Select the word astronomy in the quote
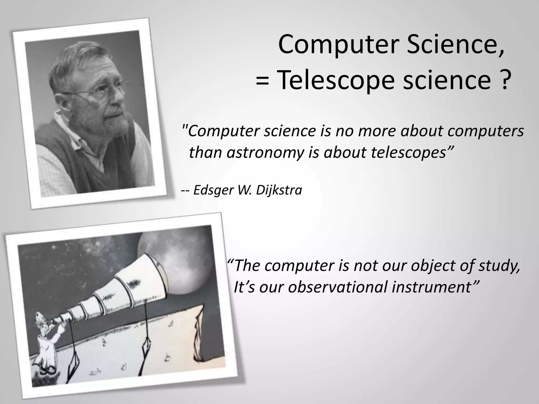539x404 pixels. click(265, 153)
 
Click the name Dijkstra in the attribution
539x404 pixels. click(279, 190)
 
